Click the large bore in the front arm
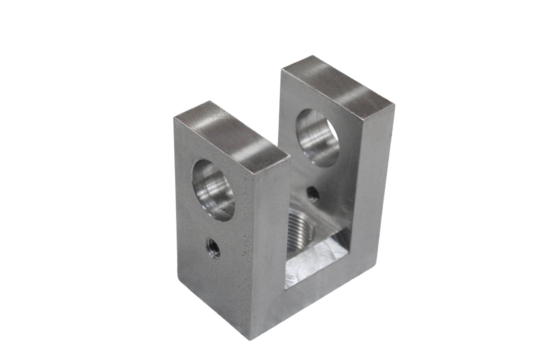213,190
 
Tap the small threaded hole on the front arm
212,248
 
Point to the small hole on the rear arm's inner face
313,194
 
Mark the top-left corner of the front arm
175,119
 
